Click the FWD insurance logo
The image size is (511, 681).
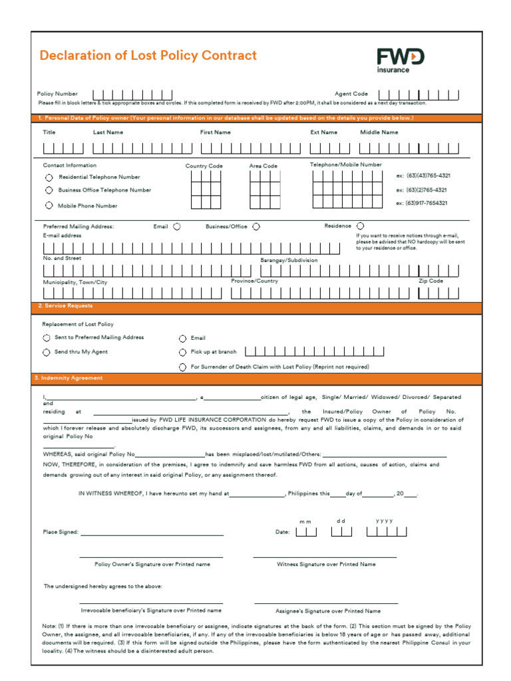click(x=401, y=60)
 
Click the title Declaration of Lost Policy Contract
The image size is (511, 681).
click(x=148, y=56)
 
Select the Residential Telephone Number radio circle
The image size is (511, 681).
click(x=49, y=178)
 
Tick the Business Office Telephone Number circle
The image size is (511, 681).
click(x=49, y=190)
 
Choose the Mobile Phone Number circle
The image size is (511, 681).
click(x=49, y=205)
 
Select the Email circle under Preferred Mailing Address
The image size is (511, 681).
click(x=177, y=227)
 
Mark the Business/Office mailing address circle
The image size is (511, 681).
click(x=256, y=227)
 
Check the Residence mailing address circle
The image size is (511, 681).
click(x=361, y=226)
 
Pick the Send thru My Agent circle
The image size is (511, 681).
click(x=47, y=352)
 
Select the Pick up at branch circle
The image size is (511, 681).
click(x=182, y=352)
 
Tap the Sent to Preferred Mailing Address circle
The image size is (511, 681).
click(x=47, y=338)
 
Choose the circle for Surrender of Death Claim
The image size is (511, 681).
click(x=182, y=367)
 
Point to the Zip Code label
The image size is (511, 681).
click(x=430, y=281)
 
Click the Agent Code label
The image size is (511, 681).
click(x=351, y=94)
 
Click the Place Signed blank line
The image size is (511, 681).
click(x=152, y=532)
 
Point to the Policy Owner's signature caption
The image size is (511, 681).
click(x=152, y=564)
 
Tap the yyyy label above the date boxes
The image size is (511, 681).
click(x=384, y=521)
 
